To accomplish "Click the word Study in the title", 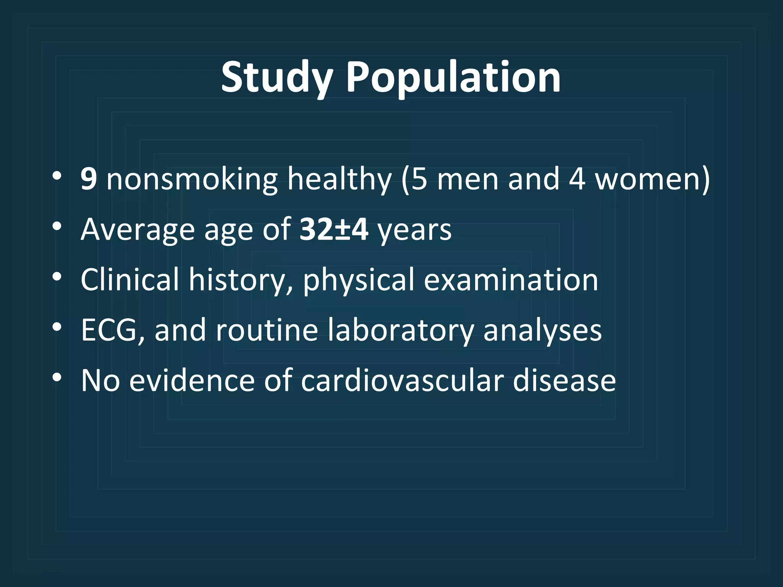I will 276,78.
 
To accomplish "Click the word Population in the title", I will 453,78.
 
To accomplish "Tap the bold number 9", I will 88,179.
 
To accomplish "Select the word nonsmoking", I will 192,179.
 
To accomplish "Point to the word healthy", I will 340,179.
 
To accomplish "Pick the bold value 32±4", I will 334,229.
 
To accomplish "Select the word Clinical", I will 130,280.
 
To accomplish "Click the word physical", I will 359,280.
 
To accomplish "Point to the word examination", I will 511,280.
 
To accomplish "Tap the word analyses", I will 543,330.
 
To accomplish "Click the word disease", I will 564,381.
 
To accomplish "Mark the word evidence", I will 192,381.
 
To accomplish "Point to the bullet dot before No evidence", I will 57,378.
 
